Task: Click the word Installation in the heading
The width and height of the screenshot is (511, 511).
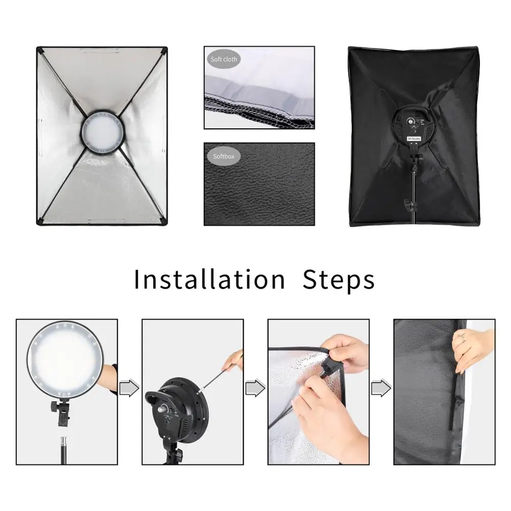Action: tap(210, 280)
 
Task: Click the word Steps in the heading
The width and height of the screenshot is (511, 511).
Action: tap(339, 280)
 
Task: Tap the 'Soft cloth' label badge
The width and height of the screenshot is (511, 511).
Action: tap(224, 59)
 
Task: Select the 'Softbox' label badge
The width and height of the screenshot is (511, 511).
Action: tap(224, 156)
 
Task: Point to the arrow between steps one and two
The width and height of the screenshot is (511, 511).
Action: tap(129, 387)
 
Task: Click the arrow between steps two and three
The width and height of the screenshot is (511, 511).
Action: tap(255, 387)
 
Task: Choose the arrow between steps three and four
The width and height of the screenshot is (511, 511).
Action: tap(381, 387)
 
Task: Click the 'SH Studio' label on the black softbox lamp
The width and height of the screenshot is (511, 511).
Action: tap(414, 138)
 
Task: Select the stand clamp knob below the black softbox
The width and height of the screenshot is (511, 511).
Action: tap(411, 205)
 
